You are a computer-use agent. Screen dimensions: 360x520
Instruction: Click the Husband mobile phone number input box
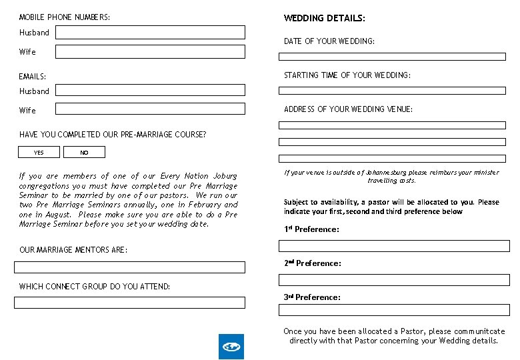[150, 32]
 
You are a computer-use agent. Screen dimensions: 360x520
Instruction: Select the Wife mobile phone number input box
[150, 51]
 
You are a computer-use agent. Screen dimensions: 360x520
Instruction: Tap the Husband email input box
[150, 91]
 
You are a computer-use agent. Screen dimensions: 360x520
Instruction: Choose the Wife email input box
[150, 110]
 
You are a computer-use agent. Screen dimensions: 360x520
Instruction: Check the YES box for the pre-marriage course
[39, 153]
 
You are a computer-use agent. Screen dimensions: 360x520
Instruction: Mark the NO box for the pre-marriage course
[84, 153]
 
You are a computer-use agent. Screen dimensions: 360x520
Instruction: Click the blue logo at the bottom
[231, 347]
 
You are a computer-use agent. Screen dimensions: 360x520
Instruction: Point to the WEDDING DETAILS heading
[325, 19]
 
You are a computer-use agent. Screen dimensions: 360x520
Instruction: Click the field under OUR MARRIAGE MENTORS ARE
[130, 267]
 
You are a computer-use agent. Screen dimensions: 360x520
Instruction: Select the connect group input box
[130, 303]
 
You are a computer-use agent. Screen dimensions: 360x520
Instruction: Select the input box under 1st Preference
[394, 245]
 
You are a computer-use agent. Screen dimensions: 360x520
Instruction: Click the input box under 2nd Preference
[394, 280]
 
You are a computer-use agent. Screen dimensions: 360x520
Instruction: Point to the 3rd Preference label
[312, 297]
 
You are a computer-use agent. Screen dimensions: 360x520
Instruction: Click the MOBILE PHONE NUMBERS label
[65, 17]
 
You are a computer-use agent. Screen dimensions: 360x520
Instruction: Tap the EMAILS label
[33, 77]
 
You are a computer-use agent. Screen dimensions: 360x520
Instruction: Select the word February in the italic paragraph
[205, 205]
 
